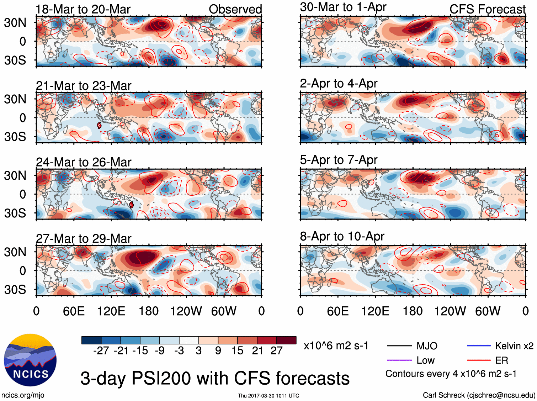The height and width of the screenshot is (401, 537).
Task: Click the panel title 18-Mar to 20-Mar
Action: click(83, 9)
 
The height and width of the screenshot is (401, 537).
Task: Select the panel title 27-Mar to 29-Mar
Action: click(84, 238)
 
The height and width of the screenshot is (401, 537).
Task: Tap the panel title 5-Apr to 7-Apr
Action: click(339, 160)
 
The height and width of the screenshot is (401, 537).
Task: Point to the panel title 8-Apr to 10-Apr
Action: click(342, 236)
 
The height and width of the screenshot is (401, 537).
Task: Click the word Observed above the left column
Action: click(235, 9)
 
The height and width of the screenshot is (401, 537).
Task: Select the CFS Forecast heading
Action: click(487, 9)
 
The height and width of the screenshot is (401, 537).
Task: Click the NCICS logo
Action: click(30, 360)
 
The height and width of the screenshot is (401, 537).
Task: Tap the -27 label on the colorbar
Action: click(101, 351)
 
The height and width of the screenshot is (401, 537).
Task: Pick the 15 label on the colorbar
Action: click(237, 351)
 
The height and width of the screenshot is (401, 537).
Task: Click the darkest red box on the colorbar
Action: click(286, 340)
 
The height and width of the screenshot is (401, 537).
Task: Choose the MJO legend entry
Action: click(427, 346)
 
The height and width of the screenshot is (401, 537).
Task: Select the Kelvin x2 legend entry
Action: click(514, 346)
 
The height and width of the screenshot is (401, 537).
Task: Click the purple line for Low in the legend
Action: click(399, 360)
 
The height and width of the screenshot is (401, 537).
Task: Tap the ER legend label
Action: click(501, 360)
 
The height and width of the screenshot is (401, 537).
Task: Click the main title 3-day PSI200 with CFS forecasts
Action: click(215, 379)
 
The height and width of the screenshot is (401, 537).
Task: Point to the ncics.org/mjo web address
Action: click(23, 395)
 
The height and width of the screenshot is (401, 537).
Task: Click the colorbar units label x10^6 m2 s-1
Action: click(336, 346)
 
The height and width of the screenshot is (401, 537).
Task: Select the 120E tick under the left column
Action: click(111, 311)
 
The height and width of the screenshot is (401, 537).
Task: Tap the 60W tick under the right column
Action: click(488, 311)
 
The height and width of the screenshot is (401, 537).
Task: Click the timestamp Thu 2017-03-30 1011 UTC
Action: click(268, 396)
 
